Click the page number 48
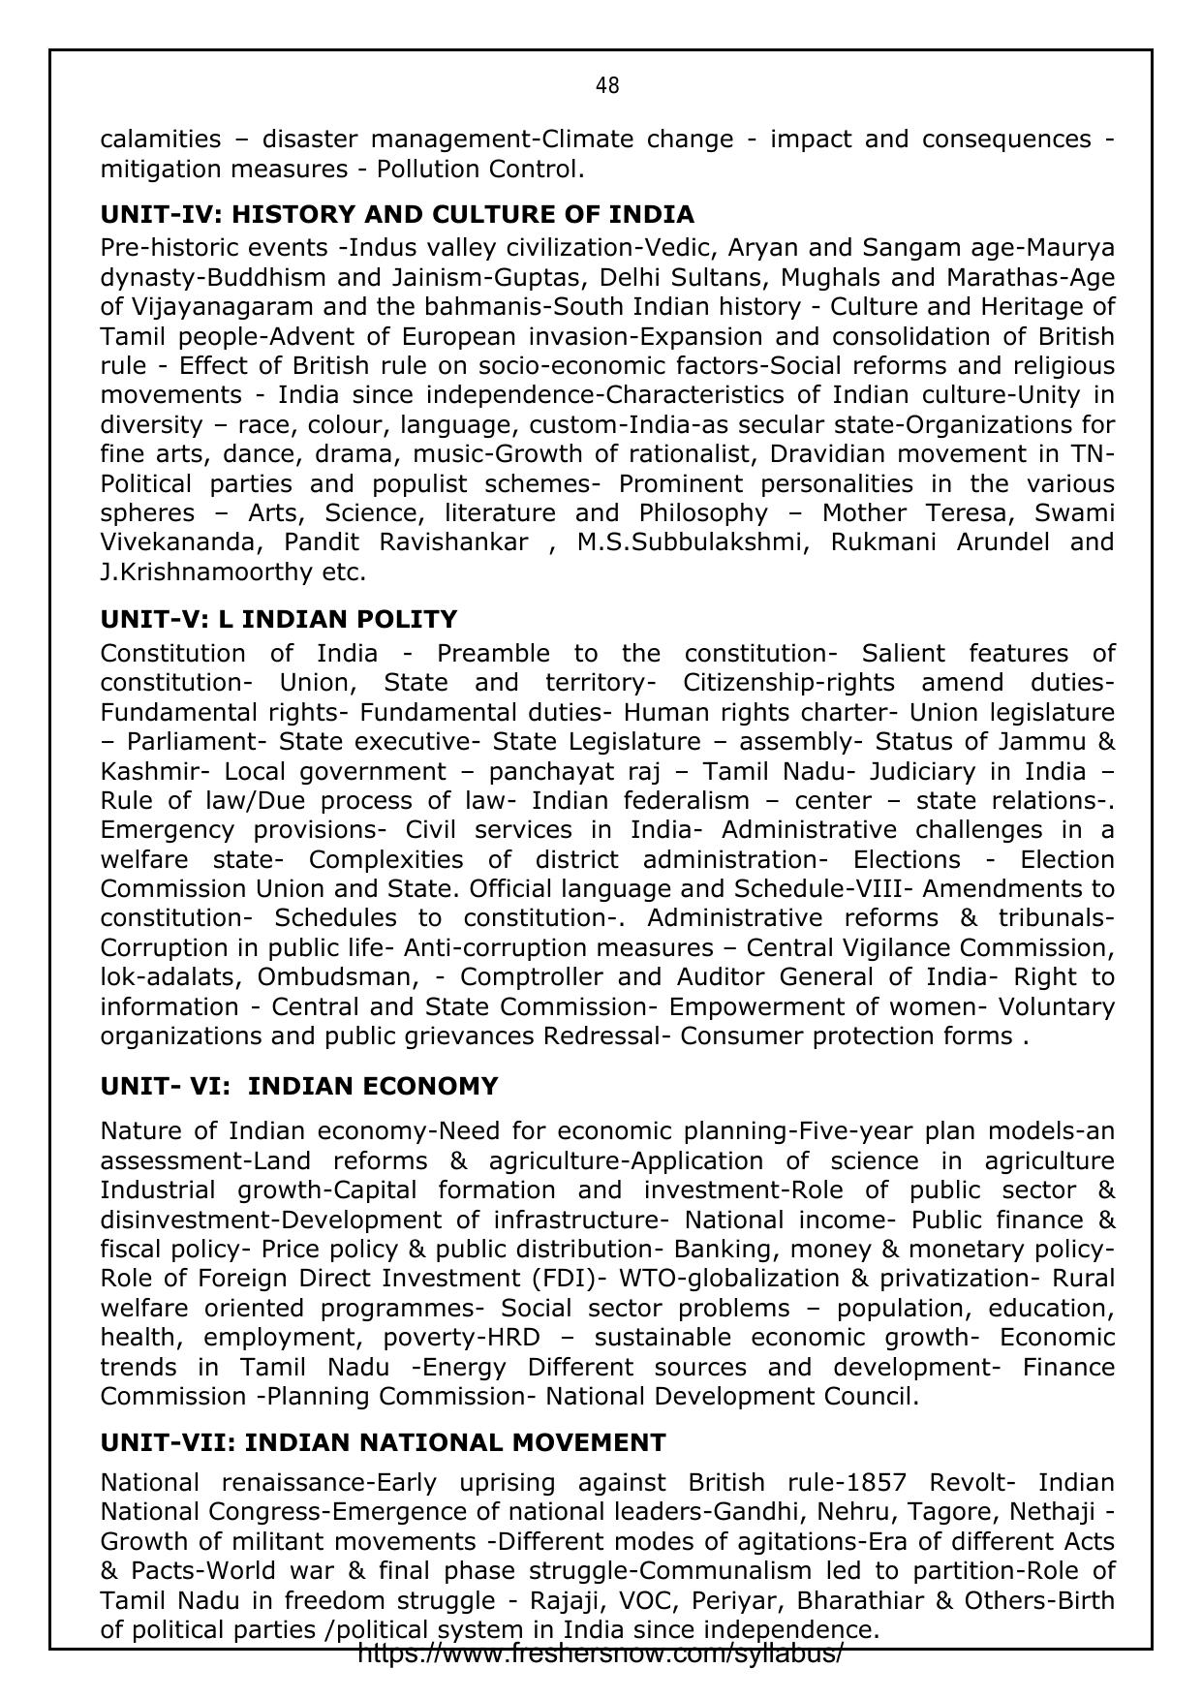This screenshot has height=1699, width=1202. click(607, 86)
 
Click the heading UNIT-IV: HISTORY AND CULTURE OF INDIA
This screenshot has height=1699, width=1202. click(397, 214)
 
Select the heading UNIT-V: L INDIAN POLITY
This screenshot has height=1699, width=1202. click(279, 619)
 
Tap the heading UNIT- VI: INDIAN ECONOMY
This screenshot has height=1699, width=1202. click(299, 1086)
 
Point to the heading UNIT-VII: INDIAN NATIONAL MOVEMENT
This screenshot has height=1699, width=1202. click(383, 1442)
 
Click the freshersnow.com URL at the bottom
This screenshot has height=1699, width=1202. click(601, 1653)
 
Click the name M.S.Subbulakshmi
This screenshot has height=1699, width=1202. click(690, 541)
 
